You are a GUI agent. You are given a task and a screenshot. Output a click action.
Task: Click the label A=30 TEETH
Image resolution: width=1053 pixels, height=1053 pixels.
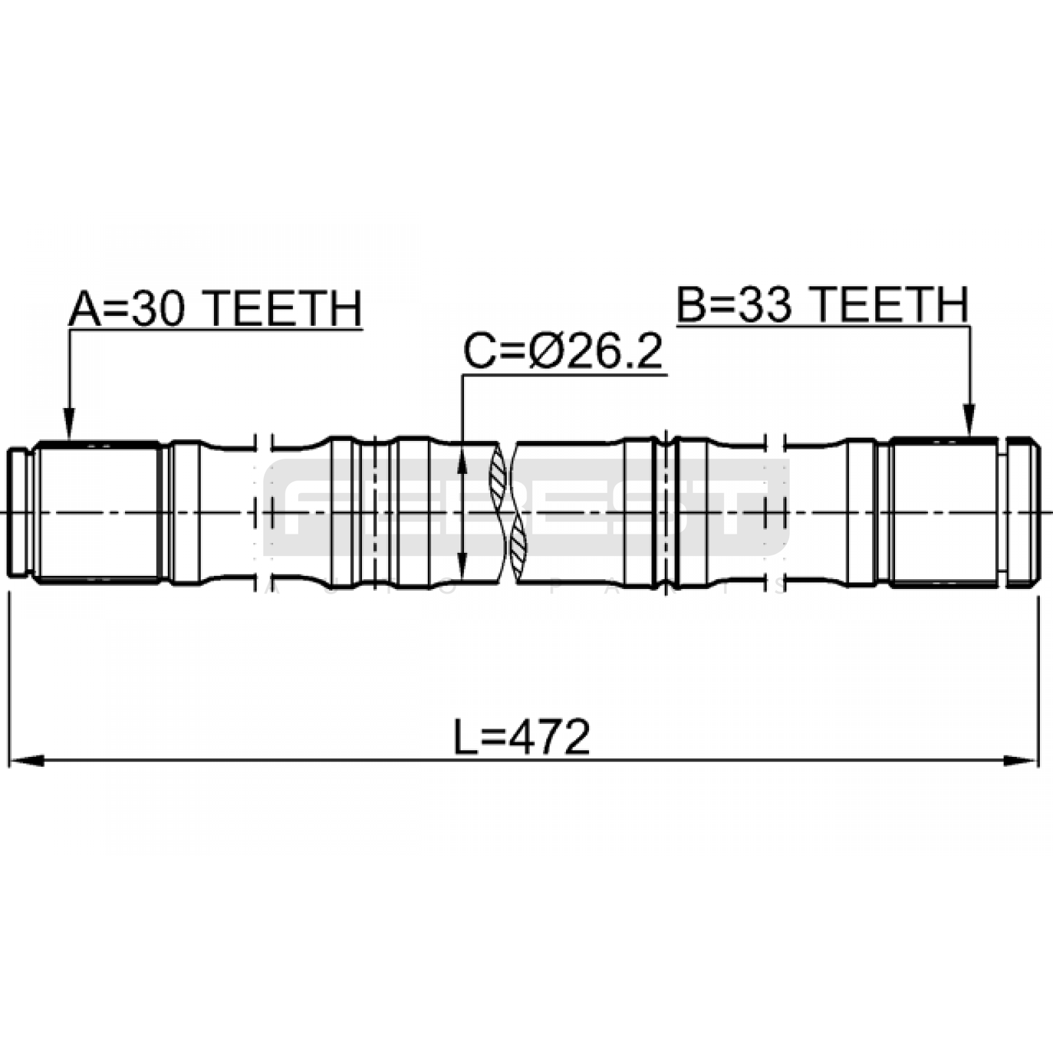216,309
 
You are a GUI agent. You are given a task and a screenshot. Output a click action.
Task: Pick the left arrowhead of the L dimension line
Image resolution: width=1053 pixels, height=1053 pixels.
26,761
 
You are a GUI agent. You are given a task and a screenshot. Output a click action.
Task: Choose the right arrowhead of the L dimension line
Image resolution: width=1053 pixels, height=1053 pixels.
1020,761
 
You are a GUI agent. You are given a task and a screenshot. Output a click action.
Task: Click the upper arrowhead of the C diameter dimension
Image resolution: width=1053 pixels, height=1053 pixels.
462,461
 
